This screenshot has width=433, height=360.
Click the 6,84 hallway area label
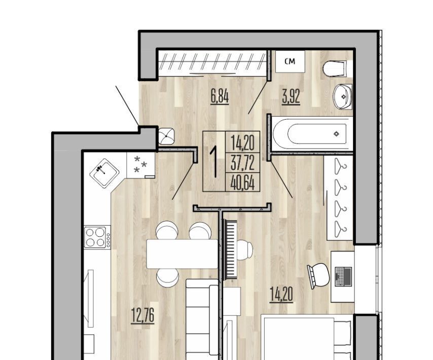pos(220,97)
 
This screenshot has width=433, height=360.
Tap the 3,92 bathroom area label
pos(291,97)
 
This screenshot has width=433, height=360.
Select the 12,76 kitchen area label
pos(142,316)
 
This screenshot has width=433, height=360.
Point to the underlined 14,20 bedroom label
pos(281,295)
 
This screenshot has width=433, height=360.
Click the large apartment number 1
pos(214,162)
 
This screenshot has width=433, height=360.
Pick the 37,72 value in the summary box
pos(243,163)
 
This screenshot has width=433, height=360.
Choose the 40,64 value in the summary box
pos(242,183)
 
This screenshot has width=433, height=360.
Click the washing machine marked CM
pos(290,61)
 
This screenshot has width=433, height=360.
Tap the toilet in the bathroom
pos(335,68)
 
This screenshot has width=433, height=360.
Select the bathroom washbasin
pos(342,96)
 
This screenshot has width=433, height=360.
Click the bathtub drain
pos(336,134)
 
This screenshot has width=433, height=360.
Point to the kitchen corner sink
pos(104,173)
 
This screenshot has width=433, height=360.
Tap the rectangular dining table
pos(182,254)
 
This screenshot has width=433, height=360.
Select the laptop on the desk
pos(343,276)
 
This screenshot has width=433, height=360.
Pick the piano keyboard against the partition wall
pos(231,249)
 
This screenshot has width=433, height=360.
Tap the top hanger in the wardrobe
pos(340,166)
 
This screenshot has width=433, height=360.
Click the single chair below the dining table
pos(167,277)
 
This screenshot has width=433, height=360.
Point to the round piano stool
pos(244,250)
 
